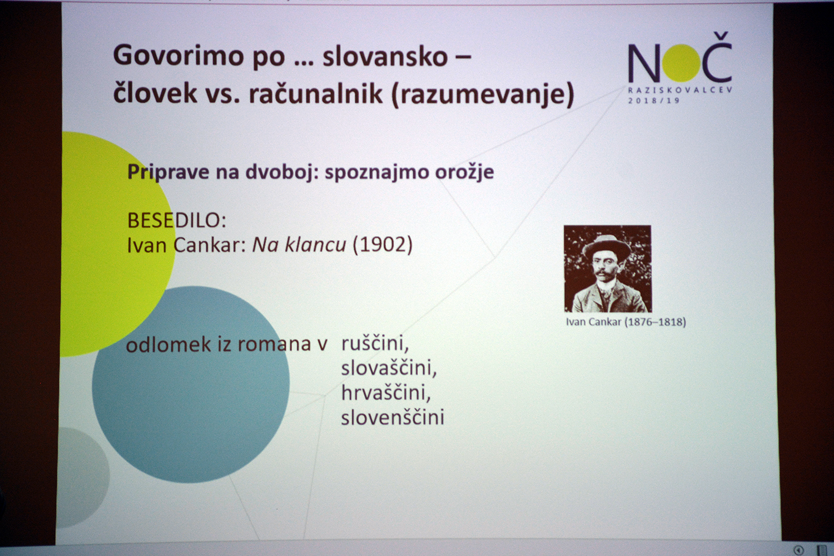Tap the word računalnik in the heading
(316, 94)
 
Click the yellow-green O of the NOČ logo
(681, 63)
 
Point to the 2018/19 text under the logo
(654, 101)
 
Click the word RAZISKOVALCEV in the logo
(680, 90)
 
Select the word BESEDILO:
(176, 221)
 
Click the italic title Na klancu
(299, 245)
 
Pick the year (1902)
(383, 245)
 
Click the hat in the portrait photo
(607, 245)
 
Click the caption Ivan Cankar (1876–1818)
(625, 322)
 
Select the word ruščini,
(375, 344)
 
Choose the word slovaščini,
(389, 368)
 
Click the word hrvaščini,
(386, 393)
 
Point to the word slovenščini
(393, 417)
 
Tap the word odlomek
(168, 345)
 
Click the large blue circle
(191, 384)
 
